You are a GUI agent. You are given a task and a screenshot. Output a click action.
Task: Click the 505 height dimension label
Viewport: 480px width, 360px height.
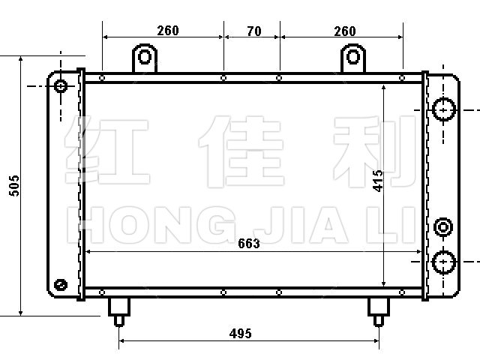[x=14, y=186]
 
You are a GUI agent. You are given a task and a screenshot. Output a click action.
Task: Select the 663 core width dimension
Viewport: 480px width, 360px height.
[x=249, y=243]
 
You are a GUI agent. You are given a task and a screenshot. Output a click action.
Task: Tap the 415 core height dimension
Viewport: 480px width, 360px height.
[x=378, y=181]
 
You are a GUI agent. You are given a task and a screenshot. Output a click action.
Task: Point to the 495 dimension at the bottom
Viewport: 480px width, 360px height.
[x=240, y=333]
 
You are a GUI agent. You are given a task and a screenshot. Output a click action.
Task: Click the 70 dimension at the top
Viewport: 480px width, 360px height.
[x=253, y=31]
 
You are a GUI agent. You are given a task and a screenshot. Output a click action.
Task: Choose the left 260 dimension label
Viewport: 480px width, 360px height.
[x=168, y=31]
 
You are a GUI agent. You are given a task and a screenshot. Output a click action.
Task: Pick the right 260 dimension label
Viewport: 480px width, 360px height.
[x=345, y=31]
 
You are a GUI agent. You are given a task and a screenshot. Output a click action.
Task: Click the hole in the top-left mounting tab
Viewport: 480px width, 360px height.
[x=145, y=57]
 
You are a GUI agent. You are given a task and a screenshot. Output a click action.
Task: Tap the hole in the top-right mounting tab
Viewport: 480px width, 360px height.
[x=353, y=57]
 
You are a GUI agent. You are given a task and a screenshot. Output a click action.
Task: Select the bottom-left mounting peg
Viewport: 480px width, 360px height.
[x=119, y=312]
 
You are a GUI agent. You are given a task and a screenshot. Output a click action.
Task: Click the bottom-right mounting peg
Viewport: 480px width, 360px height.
[x=379, y=312]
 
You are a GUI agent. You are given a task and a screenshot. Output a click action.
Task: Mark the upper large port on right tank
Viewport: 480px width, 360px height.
[x=443, y=109]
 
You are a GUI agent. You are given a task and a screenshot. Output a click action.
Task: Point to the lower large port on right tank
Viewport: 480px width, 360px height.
[x=443, y=262]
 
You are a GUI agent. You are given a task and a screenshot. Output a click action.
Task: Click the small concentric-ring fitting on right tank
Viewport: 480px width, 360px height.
[x=443, y=227]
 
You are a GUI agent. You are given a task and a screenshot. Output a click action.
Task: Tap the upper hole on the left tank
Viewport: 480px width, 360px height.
[x=61, y=86]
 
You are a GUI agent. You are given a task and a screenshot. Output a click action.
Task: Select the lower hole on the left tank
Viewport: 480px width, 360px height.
[x=61, y=285]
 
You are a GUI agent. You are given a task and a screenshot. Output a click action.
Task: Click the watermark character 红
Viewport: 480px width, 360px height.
[x=107, y=150]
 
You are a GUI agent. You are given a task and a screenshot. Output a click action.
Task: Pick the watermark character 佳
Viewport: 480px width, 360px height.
[x=241, y=151]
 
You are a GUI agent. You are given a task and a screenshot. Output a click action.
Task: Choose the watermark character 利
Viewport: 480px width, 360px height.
[x=375, y=151]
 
